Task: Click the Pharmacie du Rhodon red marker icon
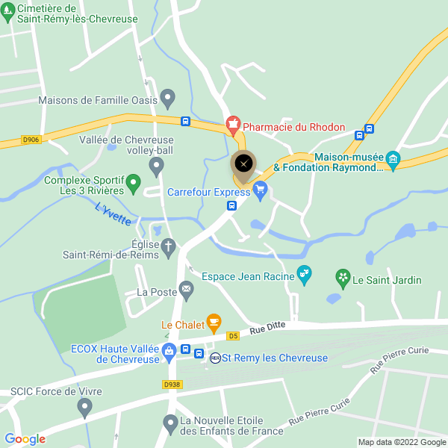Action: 233,122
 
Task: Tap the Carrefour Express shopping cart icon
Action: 260,191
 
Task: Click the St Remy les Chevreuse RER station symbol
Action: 215,358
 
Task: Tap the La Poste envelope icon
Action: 186,288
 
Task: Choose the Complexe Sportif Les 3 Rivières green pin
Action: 134,181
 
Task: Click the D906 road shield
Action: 31,139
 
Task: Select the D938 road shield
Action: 172,385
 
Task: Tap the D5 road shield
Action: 234,335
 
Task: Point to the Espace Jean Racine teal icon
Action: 303,275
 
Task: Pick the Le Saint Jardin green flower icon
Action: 343,279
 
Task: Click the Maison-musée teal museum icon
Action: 394,158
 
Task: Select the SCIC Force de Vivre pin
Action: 84,407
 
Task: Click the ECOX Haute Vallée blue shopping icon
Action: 169,349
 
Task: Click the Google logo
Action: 25,439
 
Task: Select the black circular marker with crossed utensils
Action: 243,164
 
